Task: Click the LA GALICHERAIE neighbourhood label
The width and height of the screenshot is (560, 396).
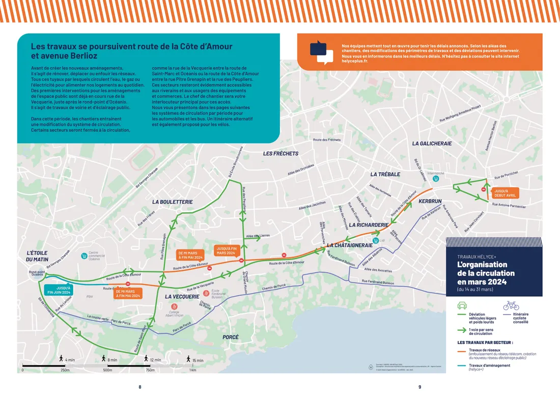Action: click(x=432, y=144)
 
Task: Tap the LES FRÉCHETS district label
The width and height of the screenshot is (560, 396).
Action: click(x=281, y=153)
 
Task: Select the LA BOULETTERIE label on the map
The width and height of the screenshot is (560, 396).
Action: click(x=173, y=202)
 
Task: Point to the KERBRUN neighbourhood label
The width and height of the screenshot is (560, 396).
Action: click(x=430, y=202)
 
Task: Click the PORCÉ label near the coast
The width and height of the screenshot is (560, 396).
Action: click(x=231, y=337)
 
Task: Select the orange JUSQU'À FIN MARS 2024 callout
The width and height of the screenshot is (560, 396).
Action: click(x=226, y=251)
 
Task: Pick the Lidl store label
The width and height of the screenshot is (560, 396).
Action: click(x=382, y=240)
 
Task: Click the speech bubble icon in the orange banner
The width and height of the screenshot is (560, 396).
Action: click(x=318, y=52)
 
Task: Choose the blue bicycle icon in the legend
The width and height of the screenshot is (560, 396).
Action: click(x=511, y=305)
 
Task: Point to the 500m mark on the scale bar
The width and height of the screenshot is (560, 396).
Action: click(x=107, y=370)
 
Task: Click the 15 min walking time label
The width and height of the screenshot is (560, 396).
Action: click(x=196, y=360)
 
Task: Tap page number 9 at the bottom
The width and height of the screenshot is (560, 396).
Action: click(x=419, y=387)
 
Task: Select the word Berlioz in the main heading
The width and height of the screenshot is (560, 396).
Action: click(x=80, y=56)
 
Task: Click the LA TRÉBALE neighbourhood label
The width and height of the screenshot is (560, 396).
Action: click(x=385, y=174)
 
